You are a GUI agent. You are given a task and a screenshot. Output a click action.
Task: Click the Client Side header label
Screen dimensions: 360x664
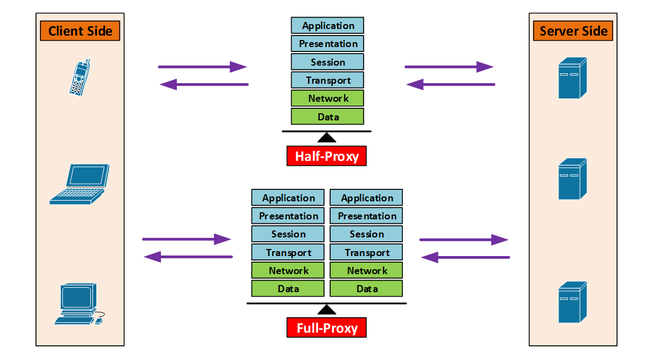[80, 31]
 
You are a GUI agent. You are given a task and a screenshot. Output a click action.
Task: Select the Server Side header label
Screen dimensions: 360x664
[573, 31]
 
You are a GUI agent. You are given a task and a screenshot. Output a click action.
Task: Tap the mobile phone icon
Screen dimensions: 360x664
[80, 77]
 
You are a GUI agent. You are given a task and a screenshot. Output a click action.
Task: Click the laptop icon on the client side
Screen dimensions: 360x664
[79, 184]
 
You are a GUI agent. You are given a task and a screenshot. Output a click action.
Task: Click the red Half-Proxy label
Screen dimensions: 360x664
[327, 156]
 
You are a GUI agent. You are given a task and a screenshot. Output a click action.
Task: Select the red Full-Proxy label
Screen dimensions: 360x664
[327, 328]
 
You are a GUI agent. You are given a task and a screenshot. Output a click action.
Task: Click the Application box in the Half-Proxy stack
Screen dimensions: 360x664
[327, 26]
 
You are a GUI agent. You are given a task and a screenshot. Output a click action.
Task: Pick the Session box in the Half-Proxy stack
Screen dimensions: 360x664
[327, 62]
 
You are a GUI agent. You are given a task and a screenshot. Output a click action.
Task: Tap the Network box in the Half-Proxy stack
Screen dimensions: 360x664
[327, 98]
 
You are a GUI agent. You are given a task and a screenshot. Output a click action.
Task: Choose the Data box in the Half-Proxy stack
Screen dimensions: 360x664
[327, 117]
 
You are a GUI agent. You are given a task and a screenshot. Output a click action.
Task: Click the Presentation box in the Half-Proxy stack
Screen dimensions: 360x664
[327, 44]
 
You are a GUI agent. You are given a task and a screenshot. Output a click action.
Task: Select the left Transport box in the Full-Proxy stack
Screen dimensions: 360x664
[288, 252]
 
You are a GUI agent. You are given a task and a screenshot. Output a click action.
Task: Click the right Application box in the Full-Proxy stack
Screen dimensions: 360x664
[367, 198]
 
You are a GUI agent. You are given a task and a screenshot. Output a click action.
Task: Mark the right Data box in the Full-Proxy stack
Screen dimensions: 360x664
[367, 288]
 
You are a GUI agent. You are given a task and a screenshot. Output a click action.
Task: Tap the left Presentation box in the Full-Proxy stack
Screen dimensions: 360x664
[288, 216]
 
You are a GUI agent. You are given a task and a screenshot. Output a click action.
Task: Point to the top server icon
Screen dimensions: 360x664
[573, 78]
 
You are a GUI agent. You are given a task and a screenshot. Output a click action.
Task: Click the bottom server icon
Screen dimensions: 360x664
[573, 302]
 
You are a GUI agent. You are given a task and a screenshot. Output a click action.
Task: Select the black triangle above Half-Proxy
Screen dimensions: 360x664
[327, 137]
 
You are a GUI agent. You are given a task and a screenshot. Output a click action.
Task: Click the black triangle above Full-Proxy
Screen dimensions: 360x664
[327, 310]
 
